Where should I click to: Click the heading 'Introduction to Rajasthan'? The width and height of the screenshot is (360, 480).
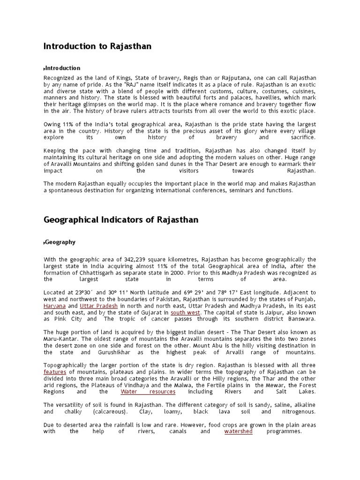point(97,46)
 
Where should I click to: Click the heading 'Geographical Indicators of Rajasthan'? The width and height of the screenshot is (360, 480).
point(121,220)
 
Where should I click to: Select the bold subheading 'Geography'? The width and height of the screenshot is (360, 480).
point(60,242)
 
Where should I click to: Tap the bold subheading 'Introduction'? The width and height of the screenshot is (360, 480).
point(63,68)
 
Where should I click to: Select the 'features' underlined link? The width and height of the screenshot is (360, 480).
point(54,371)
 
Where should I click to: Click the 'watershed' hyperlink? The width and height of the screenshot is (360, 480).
point(238,431)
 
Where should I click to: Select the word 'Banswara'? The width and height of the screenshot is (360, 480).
point(300,319)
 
